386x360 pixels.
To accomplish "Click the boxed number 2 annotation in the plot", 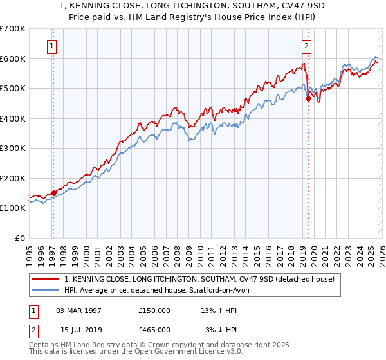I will (307, 46).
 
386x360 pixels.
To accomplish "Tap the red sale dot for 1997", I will (53, 193).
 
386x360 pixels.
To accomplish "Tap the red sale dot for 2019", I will (308, 99).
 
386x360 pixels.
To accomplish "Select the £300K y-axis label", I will (13, 148).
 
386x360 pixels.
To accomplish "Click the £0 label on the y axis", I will (21, 238).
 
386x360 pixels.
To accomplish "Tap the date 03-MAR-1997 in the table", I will (78, 310).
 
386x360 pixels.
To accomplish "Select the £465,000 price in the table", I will (154, 329).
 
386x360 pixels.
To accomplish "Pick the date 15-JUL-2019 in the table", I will (78, 329).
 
